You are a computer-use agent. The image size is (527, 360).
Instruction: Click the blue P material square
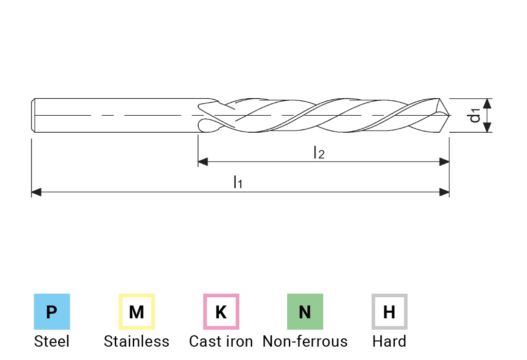[51, 312]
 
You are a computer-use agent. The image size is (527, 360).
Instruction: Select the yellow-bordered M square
[136, 312]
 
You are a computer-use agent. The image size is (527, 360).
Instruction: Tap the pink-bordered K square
[221, 312]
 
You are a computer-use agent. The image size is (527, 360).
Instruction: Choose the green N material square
[305, 312]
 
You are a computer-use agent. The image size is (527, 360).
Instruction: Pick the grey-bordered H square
[389, 312]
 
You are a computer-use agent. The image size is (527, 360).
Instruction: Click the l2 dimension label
[320, 153]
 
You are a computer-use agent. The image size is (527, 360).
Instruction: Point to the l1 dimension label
[238, 183]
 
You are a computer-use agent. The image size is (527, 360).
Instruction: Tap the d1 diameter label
[475, 116]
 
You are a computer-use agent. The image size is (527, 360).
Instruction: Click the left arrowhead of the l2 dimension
[202, 162]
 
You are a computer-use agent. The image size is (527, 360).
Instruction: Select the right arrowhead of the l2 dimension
[445, 162]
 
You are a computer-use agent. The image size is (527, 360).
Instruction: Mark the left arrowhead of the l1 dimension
[37, 192]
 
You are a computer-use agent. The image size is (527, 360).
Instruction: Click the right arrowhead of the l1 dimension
[445, 192]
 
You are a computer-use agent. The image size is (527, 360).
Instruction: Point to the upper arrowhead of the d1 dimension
[487, 103]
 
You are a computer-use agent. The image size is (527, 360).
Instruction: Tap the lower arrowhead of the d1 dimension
[487, 127]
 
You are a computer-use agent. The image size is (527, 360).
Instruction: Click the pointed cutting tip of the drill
[449, 115]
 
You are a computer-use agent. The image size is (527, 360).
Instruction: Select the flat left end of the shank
[33, 115]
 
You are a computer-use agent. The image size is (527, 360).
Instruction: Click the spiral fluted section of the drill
[319, 115]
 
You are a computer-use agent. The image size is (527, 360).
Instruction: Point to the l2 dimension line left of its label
[257, 162]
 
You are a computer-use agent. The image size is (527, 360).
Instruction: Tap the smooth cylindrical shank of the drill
[113, 105]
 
